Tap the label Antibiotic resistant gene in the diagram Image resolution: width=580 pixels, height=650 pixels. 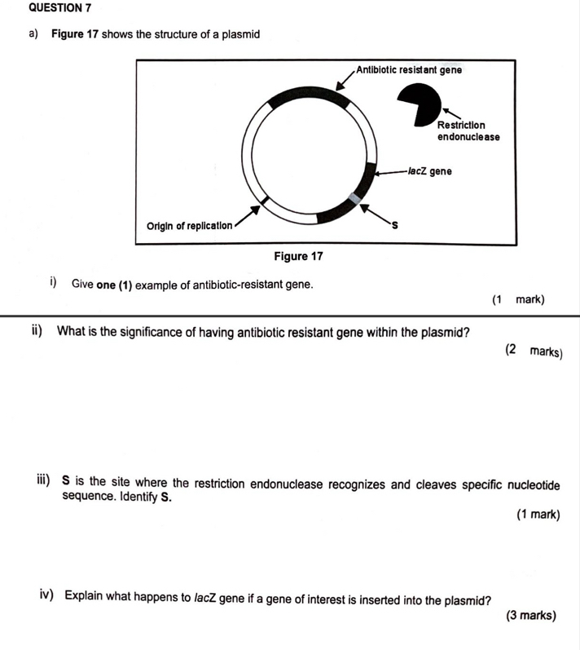[x=409, y=70]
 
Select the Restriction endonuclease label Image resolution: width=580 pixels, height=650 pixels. [x=468, y=130]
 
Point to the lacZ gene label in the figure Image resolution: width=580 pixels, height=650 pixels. [x=430, y=172]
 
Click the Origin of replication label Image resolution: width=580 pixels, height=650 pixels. [x=189, y=225]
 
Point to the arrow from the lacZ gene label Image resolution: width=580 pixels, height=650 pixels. [x=389, y=173]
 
